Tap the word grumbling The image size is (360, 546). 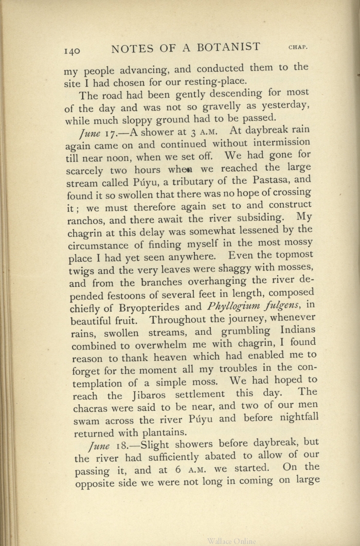(252, 332)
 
